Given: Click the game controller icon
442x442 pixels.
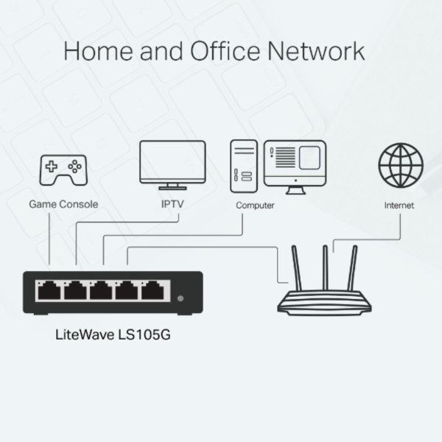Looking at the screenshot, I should pyautogui.click(x=63, y=169).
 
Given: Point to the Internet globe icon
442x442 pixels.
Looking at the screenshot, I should pyautogui.click(x=400, y=163).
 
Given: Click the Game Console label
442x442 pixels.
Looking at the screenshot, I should pyautogui.click(x=63, y=204).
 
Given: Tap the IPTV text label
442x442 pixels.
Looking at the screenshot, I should pyautogui.click(x=172, y=204).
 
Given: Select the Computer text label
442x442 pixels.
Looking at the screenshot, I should pyautogui.click(x=255, y=206).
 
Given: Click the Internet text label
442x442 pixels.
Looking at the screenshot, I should pyautogui.click(x=399, y=206).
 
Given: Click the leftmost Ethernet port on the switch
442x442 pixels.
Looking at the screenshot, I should pyautogui.click(x=49, y=291).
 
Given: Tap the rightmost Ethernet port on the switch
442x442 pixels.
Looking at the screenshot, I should pyautogui.click(x=152, y=291).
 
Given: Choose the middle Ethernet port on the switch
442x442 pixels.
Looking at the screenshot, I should pyautogui.click(x=100, y=291).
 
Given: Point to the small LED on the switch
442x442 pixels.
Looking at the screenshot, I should pyautogui.click(x=181, y=298).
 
